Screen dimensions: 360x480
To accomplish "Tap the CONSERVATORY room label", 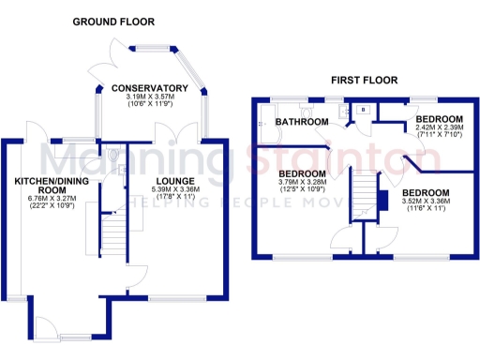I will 150,89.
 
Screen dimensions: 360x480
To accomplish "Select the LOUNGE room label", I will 175,181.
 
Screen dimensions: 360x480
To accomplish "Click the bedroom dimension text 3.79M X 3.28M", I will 303,184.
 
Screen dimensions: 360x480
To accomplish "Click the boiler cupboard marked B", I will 362,109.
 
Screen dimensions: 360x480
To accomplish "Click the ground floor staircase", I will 112,225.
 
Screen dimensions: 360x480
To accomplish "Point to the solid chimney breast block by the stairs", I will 382,201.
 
